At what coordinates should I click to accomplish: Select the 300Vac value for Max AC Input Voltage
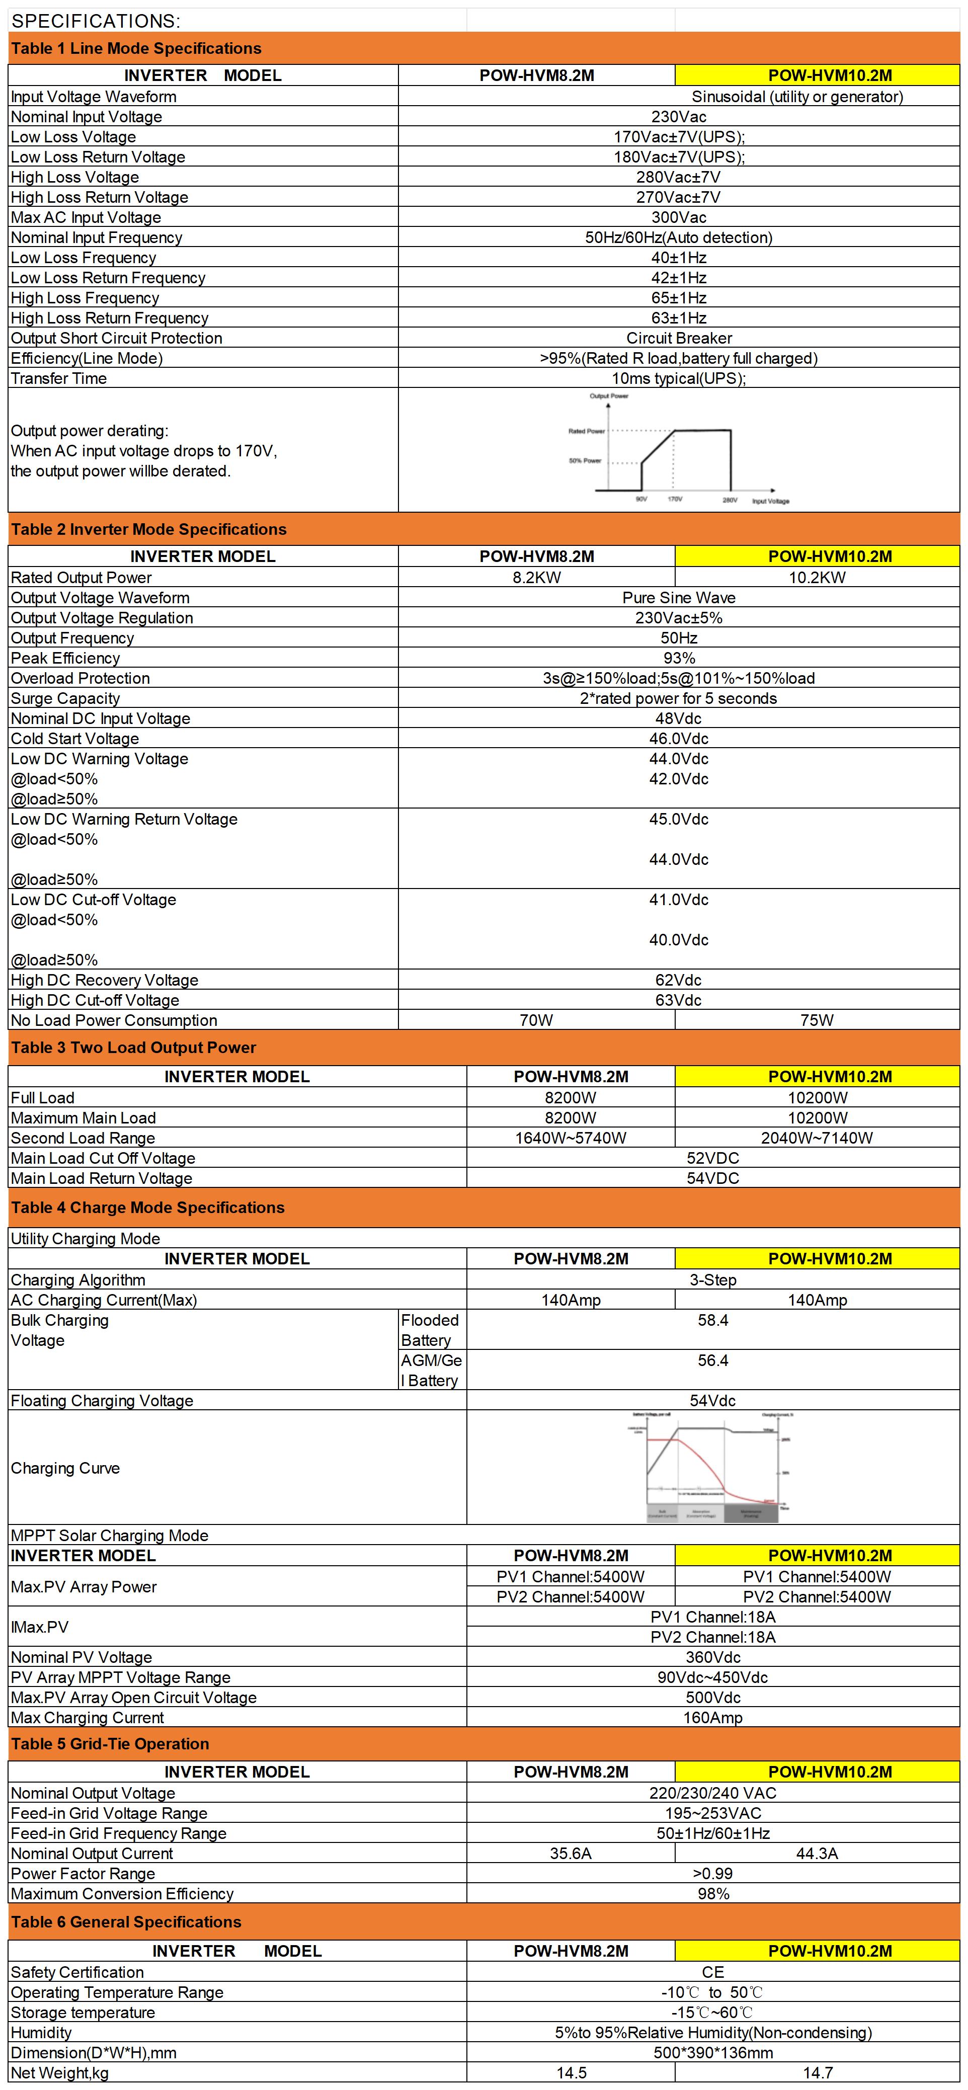click(x=678, y=217)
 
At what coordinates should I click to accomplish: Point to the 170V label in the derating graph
click(x=674, y=499)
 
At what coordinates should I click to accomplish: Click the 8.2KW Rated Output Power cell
click(x=536, y=578)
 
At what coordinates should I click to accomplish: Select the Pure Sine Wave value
click(x=678, y=598)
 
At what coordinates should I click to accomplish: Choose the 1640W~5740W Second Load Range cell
click(x=571, y=1138)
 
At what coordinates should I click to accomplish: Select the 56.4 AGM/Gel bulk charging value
click(x=712, y=1360)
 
